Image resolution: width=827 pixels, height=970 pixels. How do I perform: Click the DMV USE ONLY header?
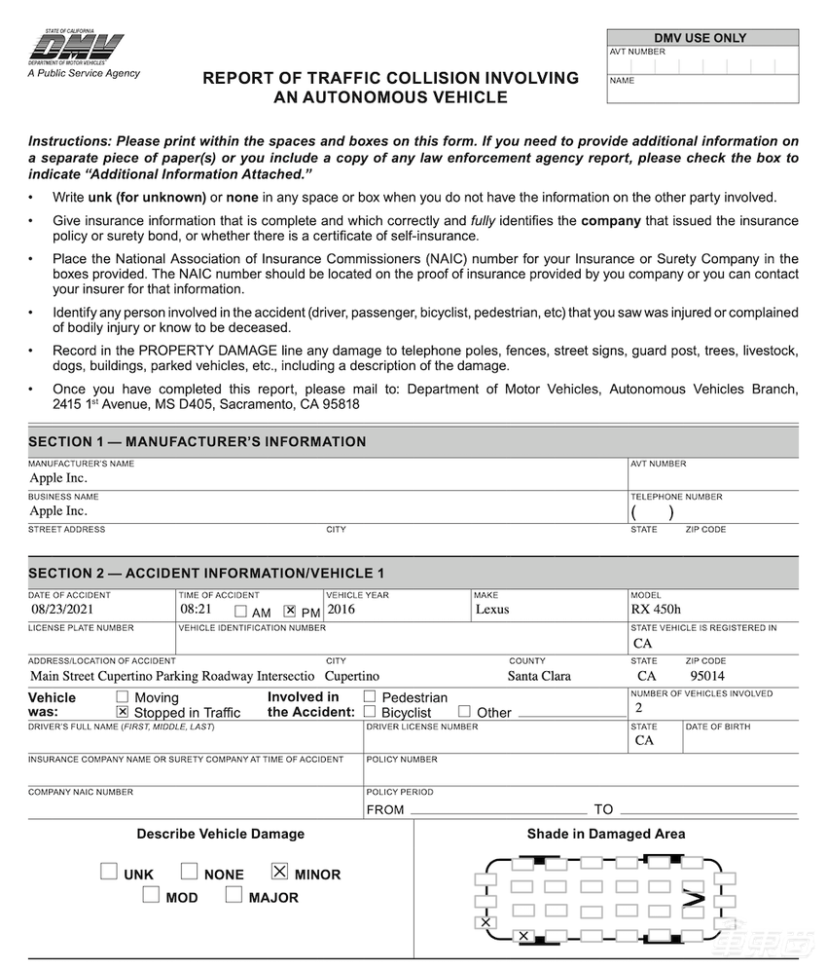click(702, 38)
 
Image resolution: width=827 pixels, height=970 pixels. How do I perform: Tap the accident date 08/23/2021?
click(60, 610)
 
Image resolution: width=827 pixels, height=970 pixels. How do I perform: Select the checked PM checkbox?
click(289, 612)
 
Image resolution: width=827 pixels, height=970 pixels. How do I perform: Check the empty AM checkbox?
click(240, 612)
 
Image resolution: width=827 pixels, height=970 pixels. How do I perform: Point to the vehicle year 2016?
click(342, 610)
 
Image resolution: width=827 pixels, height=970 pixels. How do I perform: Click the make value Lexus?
click(492, 610)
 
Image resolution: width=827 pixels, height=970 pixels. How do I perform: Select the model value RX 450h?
click(655, 610)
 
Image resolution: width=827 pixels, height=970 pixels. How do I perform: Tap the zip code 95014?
click(707, 675)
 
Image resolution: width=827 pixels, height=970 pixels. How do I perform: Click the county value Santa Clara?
click(539, 675)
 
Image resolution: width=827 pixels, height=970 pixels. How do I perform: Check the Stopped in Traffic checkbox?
click(123, 712)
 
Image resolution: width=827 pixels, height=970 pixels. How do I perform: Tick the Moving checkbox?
click(123, 696)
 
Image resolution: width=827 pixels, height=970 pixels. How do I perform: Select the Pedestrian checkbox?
click(370, 696)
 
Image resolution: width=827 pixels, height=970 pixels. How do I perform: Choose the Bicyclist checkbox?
click(370, 712)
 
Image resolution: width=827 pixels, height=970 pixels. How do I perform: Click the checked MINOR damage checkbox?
click(280, 872)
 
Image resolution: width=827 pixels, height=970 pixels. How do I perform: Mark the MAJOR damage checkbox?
click(234, 895)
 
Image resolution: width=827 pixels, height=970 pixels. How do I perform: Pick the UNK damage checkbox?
click(109, 872)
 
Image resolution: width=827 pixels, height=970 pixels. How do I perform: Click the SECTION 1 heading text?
click(198, 442)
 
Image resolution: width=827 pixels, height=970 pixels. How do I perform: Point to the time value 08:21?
click(196, 610)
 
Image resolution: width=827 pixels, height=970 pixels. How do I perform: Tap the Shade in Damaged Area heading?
click(605, 834)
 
